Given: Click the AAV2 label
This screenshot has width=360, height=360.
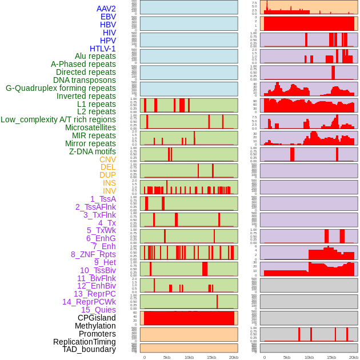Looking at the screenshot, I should coord(106,9).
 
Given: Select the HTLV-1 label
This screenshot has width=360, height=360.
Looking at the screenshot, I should coord(102,49).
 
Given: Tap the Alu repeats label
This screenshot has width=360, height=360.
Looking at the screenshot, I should coord(95,56).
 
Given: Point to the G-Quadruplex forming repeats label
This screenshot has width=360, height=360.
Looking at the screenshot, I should coord(61,88).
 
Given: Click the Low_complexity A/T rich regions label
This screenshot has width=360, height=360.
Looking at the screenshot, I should coord(58,119).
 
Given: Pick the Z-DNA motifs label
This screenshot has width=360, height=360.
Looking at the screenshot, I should coord(92,151).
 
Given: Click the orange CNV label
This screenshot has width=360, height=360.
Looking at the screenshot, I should coord(107,159).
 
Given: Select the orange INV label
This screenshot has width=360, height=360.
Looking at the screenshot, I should coord(109,191).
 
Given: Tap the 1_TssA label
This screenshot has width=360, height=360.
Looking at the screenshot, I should coord(103,199).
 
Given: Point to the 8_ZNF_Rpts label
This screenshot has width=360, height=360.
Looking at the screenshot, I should coord(93,254).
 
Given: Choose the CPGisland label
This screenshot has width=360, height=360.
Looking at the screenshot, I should coord(97,318).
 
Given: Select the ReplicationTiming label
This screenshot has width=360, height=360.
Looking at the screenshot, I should coord(84,342).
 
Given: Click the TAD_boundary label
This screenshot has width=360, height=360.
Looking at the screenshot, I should coord(89,349).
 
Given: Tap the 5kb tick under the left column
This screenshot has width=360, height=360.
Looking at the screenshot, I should coord(167,357).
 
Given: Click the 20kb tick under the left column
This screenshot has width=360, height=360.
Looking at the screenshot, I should coord(234,357).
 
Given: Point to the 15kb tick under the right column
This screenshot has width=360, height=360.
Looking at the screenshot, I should coord(331,357).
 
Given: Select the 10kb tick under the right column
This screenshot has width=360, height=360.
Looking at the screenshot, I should coord(309,357).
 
